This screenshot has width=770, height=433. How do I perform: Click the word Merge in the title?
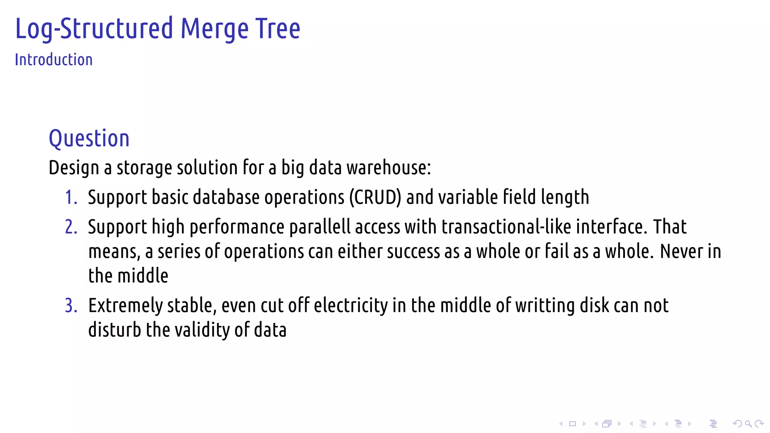214,29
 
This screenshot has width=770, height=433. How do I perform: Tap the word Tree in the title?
278,29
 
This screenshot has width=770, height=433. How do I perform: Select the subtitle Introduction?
54,60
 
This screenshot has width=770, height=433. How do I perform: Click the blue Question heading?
89,138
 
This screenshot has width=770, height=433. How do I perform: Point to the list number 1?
70,197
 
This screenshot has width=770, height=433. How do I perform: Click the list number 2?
71,227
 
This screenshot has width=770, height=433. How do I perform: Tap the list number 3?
71,306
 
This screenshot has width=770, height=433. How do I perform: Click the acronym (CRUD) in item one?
375,197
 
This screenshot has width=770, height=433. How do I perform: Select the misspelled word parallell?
320,227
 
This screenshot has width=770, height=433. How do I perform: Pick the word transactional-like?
506,227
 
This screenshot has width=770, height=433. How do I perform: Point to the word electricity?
350,306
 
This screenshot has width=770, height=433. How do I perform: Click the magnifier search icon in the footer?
748,424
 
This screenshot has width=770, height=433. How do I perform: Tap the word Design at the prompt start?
74,168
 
